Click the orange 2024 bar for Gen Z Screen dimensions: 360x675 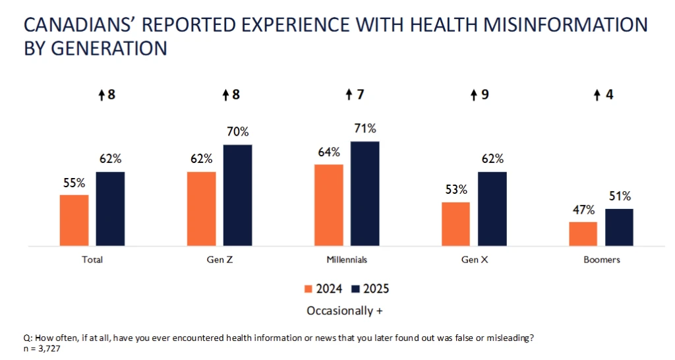tap(201, 208)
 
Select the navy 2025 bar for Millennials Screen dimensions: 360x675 tap(365, 193)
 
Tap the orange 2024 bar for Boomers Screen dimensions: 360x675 tap(583, 233)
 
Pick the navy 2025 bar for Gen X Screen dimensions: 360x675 tap(492, 208)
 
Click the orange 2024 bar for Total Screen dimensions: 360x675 tap(74, 220)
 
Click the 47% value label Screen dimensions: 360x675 tap(583, 210)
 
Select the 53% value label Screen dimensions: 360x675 tap(455, 190)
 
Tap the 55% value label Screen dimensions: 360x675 tap(74, 183)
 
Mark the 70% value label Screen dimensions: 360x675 tap(237, 133)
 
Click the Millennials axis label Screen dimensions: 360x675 tap(347, 260)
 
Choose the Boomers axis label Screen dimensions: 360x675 tap(601, 260)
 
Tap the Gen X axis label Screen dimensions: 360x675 tap(474, 260)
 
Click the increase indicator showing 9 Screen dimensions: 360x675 tap(479, 95)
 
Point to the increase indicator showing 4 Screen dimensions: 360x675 tap(603, 95)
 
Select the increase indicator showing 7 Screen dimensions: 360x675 tap(355, 95)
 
